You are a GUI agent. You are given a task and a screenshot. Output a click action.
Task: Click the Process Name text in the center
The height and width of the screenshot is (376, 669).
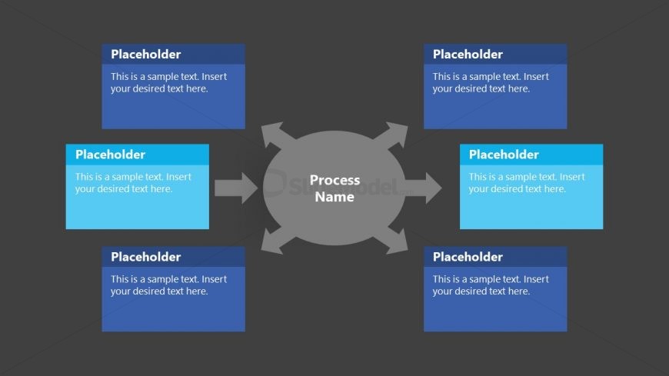click(334, 188)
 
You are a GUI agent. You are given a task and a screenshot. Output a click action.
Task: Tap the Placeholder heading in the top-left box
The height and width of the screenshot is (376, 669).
click(146, 55)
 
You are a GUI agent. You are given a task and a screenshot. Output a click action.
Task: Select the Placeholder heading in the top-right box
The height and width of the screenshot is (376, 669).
click(468, 55)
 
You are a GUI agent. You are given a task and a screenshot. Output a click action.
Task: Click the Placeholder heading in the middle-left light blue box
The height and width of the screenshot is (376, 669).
click(110, 155)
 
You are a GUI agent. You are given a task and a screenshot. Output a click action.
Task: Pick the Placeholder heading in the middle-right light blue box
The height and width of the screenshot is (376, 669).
click(504, 155)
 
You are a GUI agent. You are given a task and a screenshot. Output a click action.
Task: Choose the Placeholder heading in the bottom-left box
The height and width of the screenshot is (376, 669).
click(146, 257)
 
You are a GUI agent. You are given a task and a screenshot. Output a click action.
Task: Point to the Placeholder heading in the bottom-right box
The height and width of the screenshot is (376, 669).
click(468, 257)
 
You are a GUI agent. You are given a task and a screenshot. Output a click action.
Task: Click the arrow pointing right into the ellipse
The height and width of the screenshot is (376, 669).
click(236, 188)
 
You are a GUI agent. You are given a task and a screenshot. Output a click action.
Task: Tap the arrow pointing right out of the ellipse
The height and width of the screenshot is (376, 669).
click(423, 188)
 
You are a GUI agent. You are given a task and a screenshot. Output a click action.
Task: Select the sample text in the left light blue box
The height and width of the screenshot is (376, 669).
click(133, 183)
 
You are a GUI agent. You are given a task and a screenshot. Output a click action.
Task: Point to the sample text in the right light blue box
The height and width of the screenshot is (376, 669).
click(527, 183)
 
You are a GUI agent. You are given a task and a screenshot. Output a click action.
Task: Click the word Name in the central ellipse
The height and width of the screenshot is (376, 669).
click(334, 197)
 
